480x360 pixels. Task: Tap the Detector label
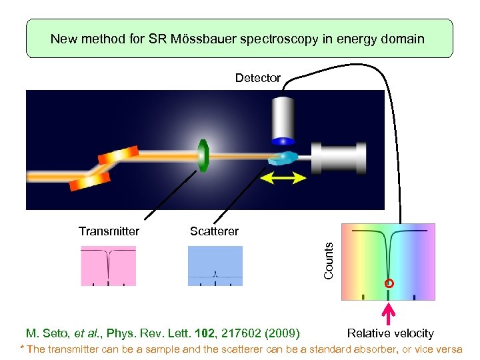pos(258,78)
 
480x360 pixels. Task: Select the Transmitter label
pos(109,231)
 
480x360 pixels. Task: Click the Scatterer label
pos(214,231)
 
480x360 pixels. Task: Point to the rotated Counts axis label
pos(328,261)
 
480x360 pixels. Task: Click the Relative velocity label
pos(391,333)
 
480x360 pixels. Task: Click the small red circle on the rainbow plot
pos(389,283)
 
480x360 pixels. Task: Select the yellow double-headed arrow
pos(283,177)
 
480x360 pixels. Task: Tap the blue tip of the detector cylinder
pos(283,141)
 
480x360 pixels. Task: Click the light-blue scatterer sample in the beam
pos(283,159)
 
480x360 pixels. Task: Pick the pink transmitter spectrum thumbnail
pos(108,266)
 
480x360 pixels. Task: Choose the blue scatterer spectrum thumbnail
pos(215,266)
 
